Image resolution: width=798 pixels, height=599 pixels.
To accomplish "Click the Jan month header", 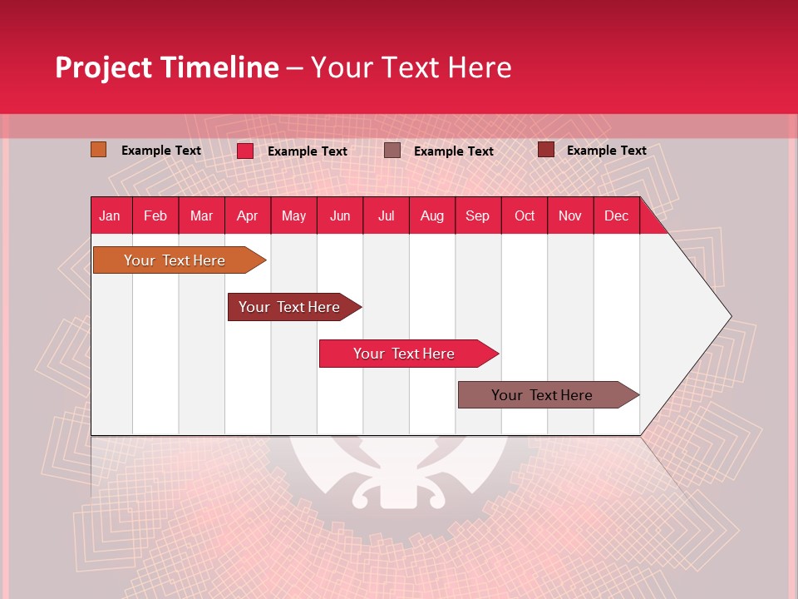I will coord(110,215).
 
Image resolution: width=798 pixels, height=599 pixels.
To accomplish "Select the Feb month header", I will coord(155,215).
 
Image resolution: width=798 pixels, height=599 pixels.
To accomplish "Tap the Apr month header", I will coord(247,215).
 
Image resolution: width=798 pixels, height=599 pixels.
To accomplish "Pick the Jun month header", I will coord(340,215).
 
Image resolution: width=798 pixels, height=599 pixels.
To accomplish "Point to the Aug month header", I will coord(431,215).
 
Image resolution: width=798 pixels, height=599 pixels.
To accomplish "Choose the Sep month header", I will coord(477,215).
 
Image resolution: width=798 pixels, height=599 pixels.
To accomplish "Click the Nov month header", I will coord(569,215).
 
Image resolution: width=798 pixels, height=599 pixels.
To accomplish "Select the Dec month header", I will coord(616,215).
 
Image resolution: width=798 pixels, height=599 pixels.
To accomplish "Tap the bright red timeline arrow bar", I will coord(405,354).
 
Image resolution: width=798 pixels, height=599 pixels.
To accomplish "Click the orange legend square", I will coord(99,150).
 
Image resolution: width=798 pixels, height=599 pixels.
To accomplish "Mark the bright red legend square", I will coord(245,151).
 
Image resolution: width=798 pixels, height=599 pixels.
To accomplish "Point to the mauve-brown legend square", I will coord(392,150).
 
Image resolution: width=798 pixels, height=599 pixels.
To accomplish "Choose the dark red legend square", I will coord(546,150).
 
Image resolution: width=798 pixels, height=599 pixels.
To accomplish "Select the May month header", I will coord(293,215).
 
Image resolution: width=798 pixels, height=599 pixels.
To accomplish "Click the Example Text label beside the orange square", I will coord(161,151).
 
